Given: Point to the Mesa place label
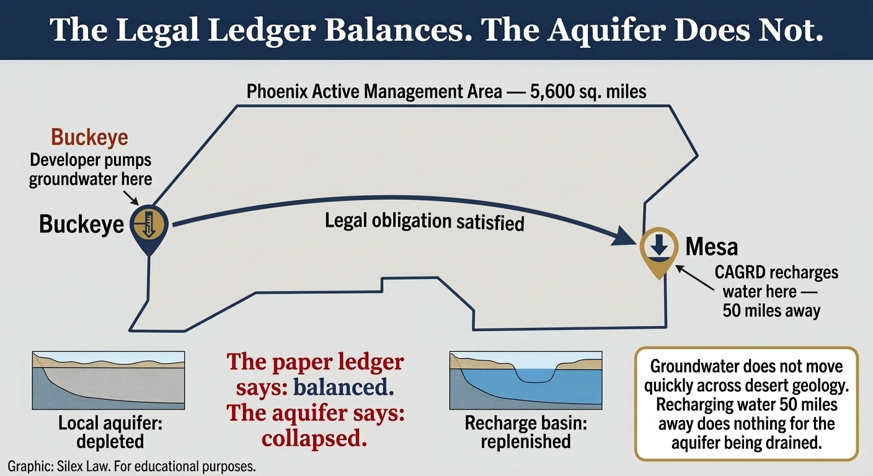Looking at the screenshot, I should point(711,247).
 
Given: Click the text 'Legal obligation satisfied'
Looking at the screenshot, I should point(424,221).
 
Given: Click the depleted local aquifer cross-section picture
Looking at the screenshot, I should point(108,380).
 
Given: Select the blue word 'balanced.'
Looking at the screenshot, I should point(343,388).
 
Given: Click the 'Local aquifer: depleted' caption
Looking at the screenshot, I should point(101,432).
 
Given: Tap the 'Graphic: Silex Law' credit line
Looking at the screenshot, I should point(131,466).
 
